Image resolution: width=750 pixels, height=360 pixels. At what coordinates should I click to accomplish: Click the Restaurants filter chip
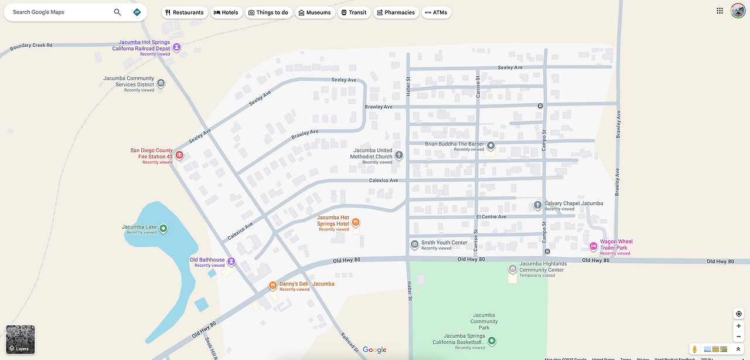[185, 12]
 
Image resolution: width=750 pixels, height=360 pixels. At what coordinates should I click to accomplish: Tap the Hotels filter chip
[226, 12]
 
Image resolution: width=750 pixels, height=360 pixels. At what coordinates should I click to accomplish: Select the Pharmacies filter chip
[396, 12]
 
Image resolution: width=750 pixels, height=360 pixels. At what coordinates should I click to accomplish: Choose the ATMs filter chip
[436, 12]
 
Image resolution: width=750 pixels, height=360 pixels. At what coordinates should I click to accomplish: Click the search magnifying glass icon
[117, 12]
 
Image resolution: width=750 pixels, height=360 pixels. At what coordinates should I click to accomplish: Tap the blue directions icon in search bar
[137, 12]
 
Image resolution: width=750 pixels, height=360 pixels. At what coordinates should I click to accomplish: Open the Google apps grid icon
[720, 11]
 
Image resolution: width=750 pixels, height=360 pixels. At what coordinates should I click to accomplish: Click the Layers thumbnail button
[21, 339]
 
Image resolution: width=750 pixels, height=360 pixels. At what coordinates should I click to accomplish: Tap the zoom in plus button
[739, 326]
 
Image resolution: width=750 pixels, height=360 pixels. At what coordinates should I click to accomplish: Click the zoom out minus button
[739, 337]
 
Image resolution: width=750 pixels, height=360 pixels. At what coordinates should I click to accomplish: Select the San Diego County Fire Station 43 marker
[179, 155]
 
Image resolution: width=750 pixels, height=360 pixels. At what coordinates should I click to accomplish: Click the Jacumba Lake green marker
[163, 228]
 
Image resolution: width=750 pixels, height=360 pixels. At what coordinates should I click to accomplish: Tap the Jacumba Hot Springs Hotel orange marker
[356, 222]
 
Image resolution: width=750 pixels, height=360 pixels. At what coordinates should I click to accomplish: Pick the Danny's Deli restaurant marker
[272, 286]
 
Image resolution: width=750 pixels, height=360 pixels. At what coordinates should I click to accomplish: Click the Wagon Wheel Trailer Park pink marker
[593, 246]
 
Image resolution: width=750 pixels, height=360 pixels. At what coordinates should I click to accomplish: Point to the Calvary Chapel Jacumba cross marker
[538, 205]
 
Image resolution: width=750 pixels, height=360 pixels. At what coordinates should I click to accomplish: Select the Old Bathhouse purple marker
[231, 261]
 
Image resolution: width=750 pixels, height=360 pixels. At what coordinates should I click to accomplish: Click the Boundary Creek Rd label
[31, 45]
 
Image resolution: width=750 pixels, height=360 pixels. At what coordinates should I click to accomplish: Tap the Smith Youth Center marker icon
[415, 244]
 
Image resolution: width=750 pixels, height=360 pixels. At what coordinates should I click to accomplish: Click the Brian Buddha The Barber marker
[491, 145]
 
